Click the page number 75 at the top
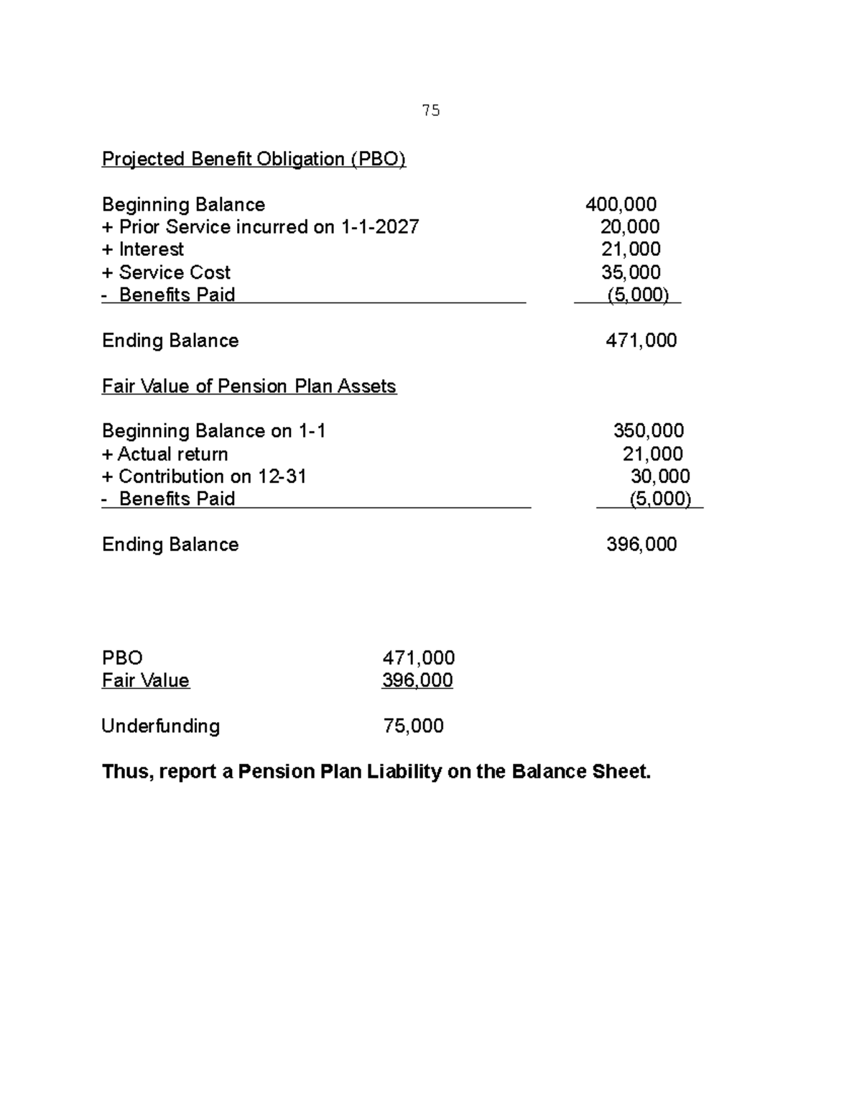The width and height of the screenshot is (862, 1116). [x=431, y=111]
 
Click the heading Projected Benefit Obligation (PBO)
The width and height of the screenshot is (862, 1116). [x=254, y=159]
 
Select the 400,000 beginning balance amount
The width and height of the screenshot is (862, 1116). [x=621, y=205]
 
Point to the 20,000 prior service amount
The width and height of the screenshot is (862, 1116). [x=630, y=227]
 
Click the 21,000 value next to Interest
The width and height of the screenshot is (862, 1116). [x=631, y=249]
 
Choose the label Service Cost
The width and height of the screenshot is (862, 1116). [x=175, y=272]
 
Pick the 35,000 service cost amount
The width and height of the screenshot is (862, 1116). [x=631, y=272]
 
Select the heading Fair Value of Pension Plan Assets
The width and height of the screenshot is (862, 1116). [x=249, y=387]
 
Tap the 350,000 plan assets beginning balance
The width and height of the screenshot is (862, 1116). [x=648, y=431]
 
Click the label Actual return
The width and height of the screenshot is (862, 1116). [x=172, y=454]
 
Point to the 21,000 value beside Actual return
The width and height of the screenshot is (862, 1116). [x=652, y=454]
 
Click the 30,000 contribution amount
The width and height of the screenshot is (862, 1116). [x=660, y=476]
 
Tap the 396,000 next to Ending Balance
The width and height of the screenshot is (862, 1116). [x=641, y=545]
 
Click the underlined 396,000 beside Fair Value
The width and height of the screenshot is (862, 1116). [x=417, y=681]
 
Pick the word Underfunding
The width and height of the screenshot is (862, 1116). [x=161, y=726]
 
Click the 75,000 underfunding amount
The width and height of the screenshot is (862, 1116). [x=413, y=726]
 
